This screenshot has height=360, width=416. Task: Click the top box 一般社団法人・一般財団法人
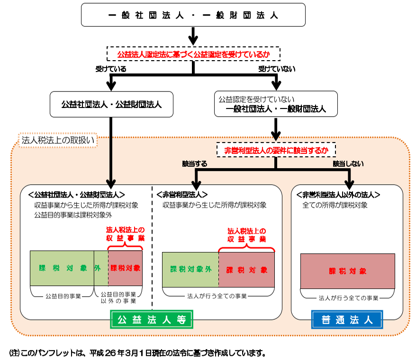(x=192, y=15)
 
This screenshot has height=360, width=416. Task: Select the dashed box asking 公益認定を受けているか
(x=193, y=54)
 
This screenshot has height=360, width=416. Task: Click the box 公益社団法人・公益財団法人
(x=111, y=104)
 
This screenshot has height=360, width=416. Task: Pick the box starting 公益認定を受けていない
(x=276, y=104)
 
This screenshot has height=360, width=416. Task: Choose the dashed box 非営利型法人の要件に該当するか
(x=276, y=150)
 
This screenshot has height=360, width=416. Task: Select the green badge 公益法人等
(x=152, y=320)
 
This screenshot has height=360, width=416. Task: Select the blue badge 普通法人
(x=347, y=320)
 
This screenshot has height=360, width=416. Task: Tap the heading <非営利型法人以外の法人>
(x=338, y=195)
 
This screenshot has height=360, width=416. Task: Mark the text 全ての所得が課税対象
(x=335, y=206)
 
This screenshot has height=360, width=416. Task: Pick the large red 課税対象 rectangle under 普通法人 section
(x=348, y=271)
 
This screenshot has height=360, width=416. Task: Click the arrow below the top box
(x=192, y=35)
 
